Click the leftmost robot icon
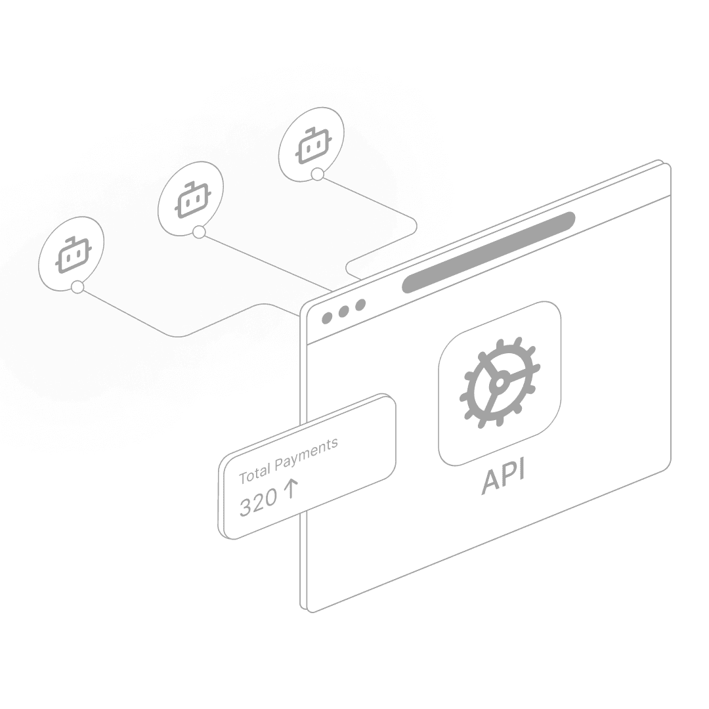pyautogui.click(x=72, y=252)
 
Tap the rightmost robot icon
pyautogui.click(x=311, y=146)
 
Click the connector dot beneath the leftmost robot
pyautogui.click(x=78, y=287)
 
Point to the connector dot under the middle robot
pyautogui.click(x=199, y=232)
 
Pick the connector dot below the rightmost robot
pyautogui.click(x=318, y=174)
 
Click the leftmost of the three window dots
pyautogui.click(x=328, y=318)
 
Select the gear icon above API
pyautogui.click(x=500, y=383)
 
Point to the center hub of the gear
pyautogui.click(x=499, y=381)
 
